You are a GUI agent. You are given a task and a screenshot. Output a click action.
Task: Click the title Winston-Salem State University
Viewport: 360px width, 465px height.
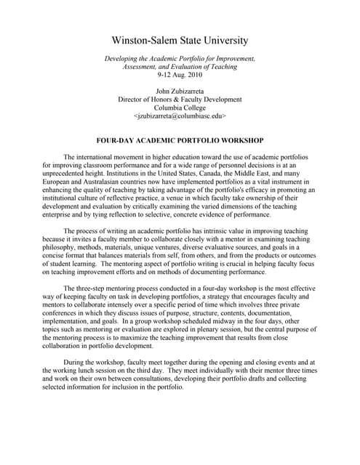pyautogui.click(x=180, y=41)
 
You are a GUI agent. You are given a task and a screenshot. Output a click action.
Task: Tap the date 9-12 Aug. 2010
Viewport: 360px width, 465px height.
pyautogui.click(x=180, y=75)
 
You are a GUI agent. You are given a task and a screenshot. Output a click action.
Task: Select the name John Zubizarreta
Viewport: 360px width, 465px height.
pyautogui.click(x=180, y=90)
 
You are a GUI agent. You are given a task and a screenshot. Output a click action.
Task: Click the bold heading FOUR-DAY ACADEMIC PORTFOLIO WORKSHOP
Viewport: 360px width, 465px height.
pyautogui.click(x=180, y=139)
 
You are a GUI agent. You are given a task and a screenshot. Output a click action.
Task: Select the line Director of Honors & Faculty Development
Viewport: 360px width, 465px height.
pyautogui.click(x=180, y=99)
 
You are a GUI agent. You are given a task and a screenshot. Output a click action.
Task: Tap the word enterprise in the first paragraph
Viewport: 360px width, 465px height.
pyautogui.click(x=62, y=215)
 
